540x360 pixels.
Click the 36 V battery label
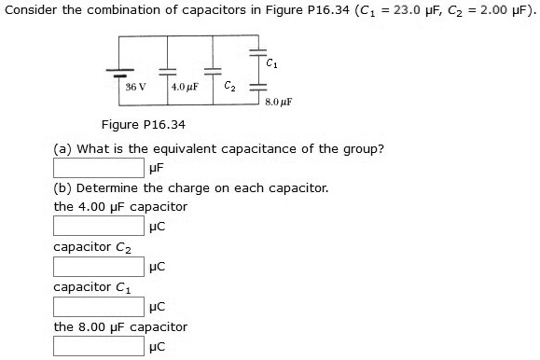pos(136,86)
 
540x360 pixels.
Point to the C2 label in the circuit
pos(230,85)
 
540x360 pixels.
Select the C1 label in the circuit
pos(270,63)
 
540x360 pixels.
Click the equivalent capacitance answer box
pos(99,169)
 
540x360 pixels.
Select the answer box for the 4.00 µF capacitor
pos(99,226)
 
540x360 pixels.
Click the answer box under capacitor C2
pos(99,266)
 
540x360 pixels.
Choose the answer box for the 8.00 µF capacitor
pos(99,346)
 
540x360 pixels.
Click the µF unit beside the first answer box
pos(157,169)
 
